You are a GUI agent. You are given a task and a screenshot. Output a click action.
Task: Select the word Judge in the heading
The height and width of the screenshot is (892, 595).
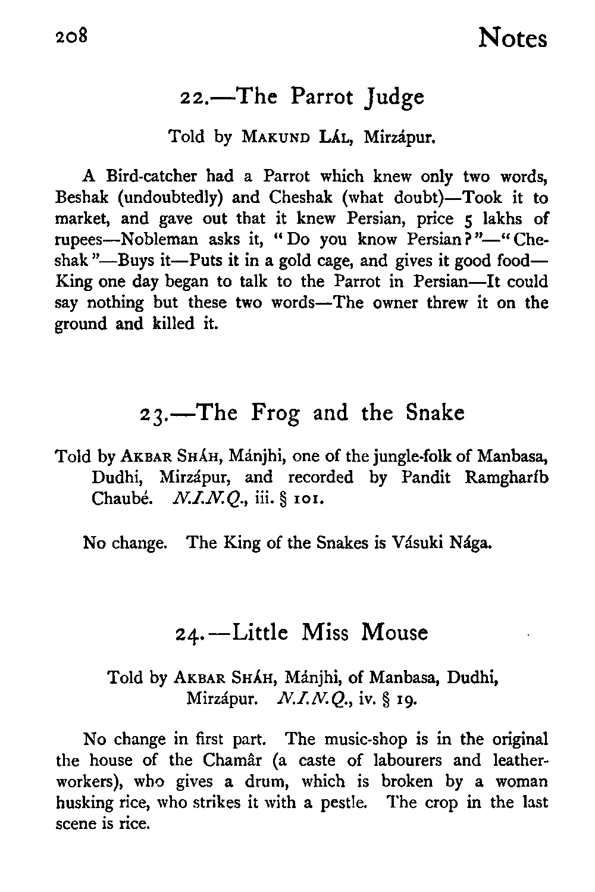click(x=395, y=98)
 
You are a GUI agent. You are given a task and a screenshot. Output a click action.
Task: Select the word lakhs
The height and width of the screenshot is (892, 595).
click(x=499, y=218)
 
